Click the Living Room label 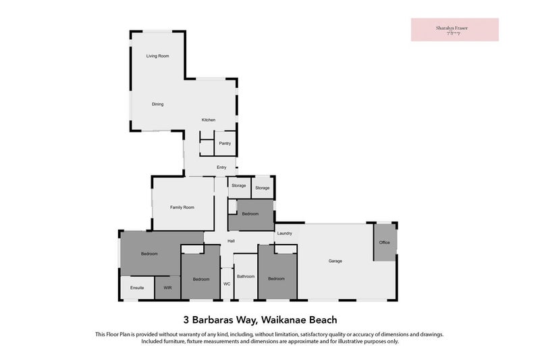pos(157,56)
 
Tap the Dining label pos(157,104)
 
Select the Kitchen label pos(208,120)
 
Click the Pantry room pos(225,143)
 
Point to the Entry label pos(221,168)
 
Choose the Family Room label pos(182,207)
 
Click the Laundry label pos(284,234)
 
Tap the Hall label pos(231,241)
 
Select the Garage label pos(335,261)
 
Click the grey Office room pos(385,242)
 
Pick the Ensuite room pos(137,288)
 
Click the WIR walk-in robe pos(167,288)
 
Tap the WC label pos(227,284)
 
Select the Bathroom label pos(246,276)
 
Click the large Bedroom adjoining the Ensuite pos(149,254)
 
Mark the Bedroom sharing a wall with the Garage pos(277,278)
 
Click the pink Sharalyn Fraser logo pos(454,30)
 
